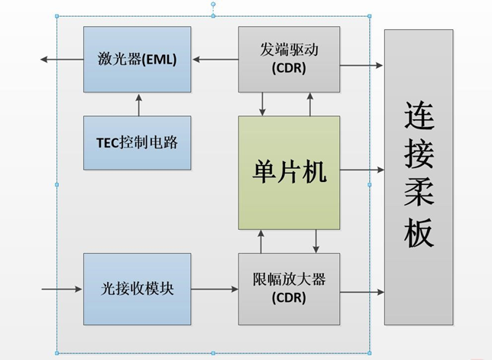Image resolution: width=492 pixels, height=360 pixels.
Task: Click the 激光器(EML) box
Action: click(137, 60)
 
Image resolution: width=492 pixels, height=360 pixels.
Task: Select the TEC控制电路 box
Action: click(137, 142)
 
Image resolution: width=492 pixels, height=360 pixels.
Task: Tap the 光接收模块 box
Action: click(137, 290)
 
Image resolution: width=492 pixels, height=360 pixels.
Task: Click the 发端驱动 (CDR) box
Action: click(289, 60)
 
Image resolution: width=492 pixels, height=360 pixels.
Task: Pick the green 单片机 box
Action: click(289, 173)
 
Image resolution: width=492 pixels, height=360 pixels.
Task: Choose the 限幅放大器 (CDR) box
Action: click(289, 290)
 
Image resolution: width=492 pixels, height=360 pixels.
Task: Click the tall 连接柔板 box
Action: click(419, 177)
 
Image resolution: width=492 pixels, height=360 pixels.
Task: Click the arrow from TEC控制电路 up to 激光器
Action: click(138, 104)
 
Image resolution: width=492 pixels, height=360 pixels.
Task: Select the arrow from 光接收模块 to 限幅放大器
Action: click(215, 290)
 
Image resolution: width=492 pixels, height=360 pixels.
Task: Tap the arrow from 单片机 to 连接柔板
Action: click(361, 170)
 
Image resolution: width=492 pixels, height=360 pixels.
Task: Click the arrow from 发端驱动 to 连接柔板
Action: click(361, 66)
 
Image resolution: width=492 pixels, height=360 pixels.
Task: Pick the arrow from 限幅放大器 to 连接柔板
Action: click(361, 291)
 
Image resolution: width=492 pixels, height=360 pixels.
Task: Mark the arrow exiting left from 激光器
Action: click(63, 60)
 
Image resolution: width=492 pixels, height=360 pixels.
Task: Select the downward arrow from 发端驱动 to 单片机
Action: click(263, 104)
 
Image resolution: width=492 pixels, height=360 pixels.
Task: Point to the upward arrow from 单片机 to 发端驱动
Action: click(310, 104)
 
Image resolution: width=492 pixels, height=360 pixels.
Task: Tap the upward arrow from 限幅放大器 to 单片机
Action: click(262, 242)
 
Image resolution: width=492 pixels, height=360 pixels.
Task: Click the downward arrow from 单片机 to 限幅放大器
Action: click(316, 242)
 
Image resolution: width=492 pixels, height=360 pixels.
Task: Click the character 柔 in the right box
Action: click(419, 194)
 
